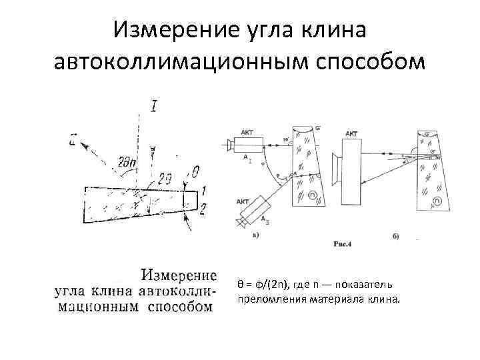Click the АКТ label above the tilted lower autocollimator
click(x=243, y=201)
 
